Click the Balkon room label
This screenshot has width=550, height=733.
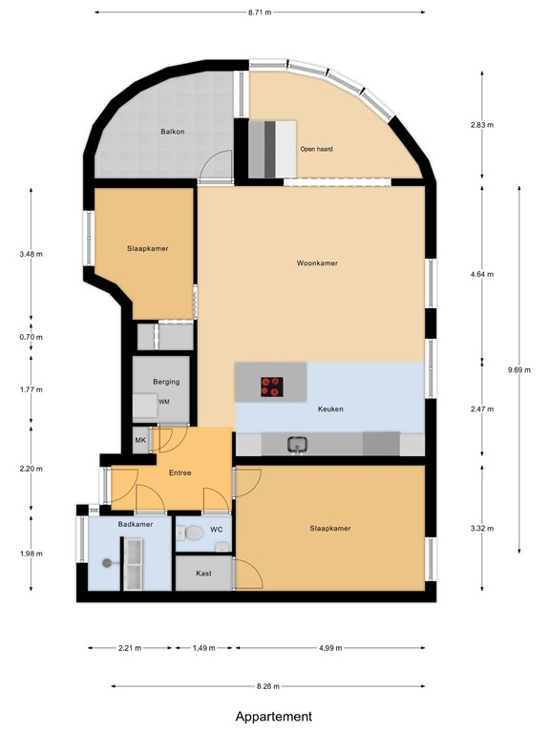173,131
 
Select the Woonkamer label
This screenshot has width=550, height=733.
317,263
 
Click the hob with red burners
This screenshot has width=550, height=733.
272,387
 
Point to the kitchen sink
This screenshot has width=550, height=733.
297,444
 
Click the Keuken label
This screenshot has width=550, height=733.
330,409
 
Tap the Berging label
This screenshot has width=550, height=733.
166,382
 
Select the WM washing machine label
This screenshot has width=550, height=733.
164,403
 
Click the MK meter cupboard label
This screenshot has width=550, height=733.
140,440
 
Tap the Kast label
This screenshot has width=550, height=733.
203,574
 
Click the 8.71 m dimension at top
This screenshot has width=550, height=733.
259,13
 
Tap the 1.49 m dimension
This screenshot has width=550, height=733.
202,647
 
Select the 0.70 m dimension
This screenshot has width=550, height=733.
32,337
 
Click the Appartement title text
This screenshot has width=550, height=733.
274,716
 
